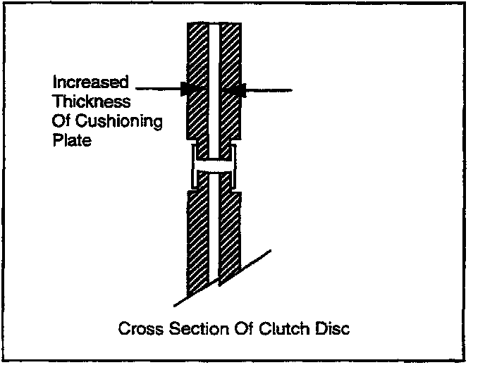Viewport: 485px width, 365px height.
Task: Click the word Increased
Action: [91, 83]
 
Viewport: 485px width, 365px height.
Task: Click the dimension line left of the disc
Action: [159, 89]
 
